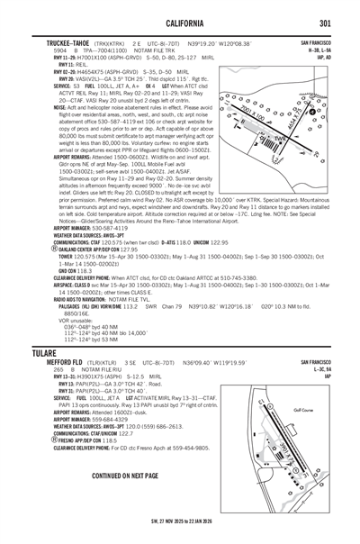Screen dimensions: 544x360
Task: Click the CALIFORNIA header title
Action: (x=181, y=23)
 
